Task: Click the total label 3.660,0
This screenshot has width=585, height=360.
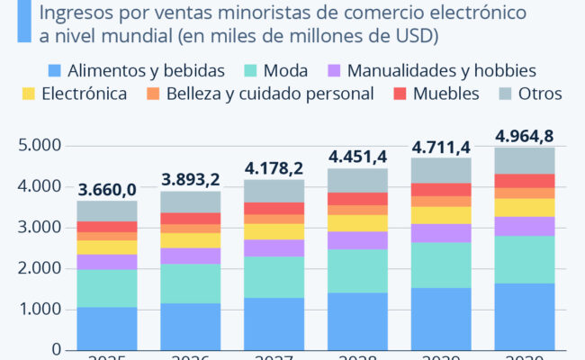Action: click(106, 190)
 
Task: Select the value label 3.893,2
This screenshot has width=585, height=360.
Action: click(191, 179)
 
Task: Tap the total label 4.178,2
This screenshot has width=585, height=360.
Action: click(274, 167)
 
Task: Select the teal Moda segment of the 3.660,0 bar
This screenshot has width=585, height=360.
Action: click(106, 288)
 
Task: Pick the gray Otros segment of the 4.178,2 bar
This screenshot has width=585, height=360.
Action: click(274, 191)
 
